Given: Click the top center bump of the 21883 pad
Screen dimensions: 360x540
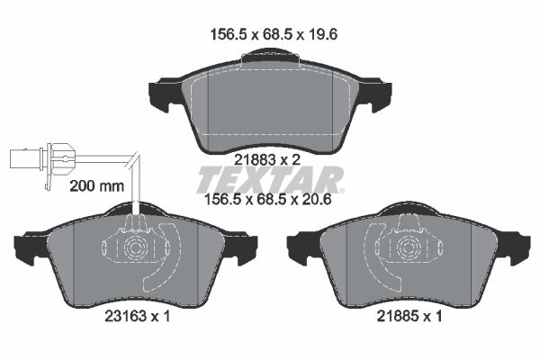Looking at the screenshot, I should (271, 56).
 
